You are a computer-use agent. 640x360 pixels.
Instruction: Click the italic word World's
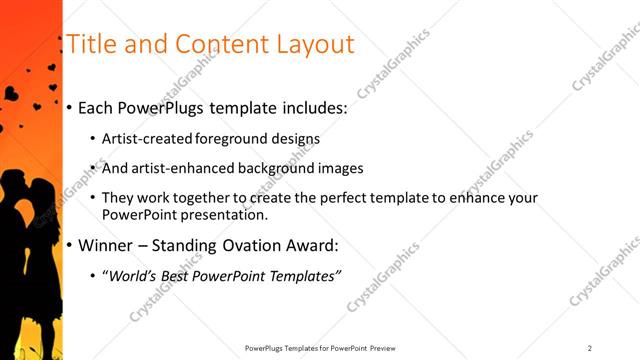click(134, 275)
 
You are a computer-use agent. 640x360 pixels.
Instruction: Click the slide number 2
click(590, 348)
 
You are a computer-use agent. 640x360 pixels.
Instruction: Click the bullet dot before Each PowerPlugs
click(68, 108)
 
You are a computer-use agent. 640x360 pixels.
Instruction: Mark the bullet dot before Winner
click(68, 246)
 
